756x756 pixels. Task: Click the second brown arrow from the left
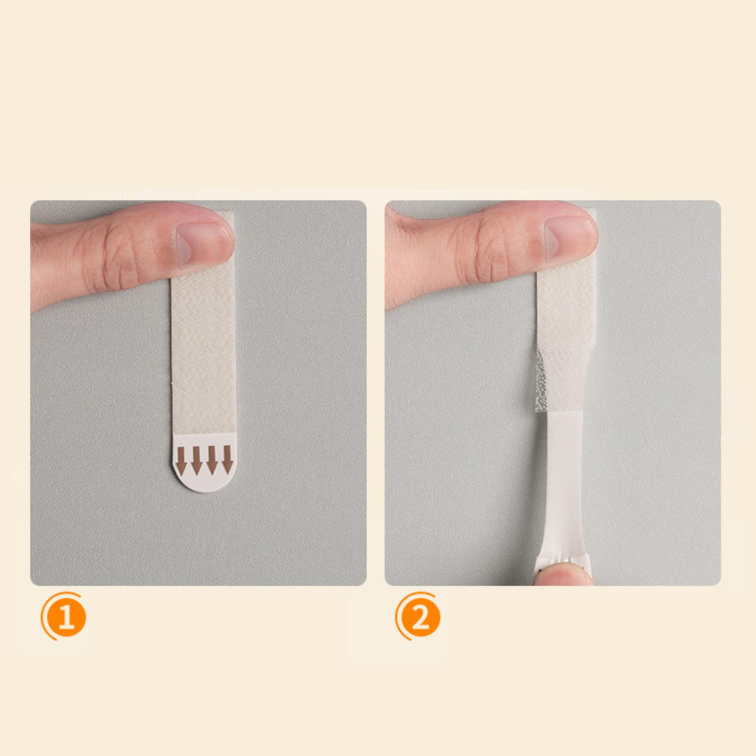coord(198,460)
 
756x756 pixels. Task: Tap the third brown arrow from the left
coord(213,460)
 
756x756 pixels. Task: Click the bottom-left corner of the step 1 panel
coord(31,585)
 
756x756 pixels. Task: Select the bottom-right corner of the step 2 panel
coord(721,585)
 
